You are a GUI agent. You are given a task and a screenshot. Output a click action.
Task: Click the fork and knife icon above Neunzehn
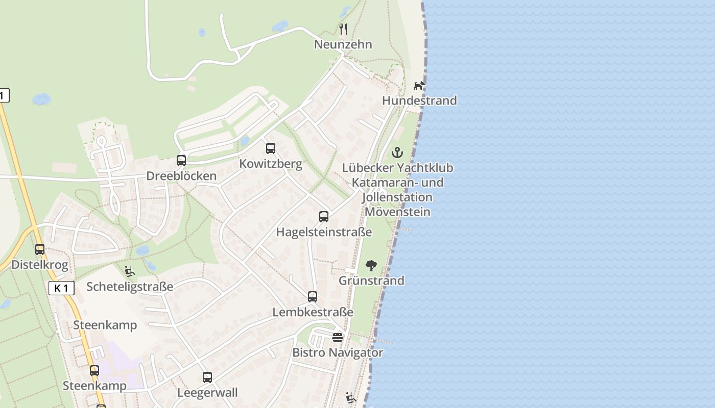pos(343,29)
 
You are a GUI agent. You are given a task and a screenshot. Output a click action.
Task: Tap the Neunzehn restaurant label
pos(343,44)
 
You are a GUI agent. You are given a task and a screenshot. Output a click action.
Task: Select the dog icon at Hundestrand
pos(419,85)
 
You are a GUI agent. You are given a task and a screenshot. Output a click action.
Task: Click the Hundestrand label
pos(419,100)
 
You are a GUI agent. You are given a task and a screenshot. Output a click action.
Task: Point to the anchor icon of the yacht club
pos(397,152)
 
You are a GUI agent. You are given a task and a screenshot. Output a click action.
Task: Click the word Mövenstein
pos(398,212)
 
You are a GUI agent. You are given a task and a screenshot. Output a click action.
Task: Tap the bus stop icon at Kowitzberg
pos(271,148)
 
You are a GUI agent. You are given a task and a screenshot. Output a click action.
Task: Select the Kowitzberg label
pos(271,164)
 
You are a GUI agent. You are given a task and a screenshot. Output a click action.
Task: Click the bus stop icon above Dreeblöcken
pos(181,160)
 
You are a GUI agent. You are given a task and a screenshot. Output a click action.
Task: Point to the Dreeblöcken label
pos(181,176)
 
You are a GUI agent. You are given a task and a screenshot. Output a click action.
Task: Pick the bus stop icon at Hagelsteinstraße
pos(324,216)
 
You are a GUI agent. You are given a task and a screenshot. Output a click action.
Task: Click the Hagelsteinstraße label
pos(324,232)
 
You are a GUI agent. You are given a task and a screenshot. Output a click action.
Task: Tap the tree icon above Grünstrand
pos(371,265)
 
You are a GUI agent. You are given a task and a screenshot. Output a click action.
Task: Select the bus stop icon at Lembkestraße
pos(312,296)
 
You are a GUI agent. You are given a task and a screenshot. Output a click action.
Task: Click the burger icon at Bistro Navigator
pos(338,337)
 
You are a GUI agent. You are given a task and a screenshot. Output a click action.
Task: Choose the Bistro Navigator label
pos(338,352)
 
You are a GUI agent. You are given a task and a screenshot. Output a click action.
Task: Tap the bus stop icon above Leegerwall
pos(207,377)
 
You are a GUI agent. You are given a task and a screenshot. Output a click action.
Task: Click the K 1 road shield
pos(62,288)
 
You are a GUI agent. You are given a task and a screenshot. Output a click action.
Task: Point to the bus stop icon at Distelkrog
pos(40,249)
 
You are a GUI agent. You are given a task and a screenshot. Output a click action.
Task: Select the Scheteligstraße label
pos(130,287)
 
